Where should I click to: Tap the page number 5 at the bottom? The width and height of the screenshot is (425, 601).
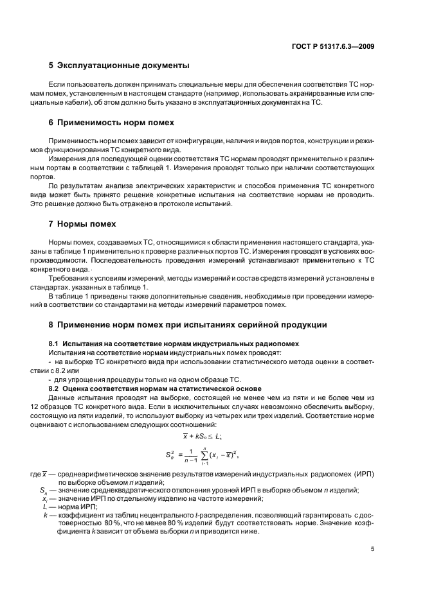click(372, 549)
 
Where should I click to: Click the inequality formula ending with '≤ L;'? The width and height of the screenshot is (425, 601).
click(202, 435)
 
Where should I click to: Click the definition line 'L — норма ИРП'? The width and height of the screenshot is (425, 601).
click(64, 506)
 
